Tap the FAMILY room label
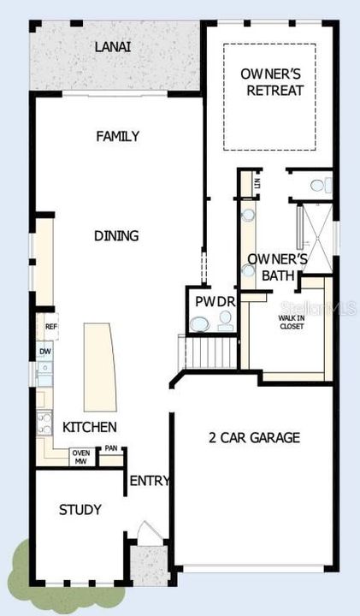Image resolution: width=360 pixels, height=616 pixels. coord(118,136)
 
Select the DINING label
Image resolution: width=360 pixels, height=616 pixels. coord(118,235)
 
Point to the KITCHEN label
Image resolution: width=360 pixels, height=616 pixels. coord(90,427)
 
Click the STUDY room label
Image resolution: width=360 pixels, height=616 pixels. coord(80,510)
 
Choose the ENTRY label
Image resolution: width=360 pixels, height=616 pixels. coord(150,481)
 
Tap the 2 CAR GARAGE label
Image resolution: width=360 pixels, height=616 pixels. coord(255,438)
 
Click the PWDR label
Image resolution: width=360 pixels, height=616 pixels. coord(210,301)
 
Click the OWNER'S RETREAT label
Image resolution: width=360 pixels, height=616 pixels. coord(274,82)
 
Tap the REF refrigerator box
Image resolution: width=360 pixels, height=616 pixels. coord(50,327)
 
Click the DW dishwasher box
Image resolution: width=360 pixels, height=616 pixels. coord(44,352)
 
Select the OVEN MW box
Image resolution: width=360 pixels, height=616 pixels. coord(81,458)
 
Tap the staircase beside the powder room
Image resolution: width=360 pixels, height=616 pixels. coord(209,352)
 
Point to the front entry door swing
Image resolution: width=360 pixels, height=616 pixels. coord(145,531)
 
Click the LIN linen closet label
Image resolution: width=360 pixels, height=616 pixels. coord(256,182)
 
